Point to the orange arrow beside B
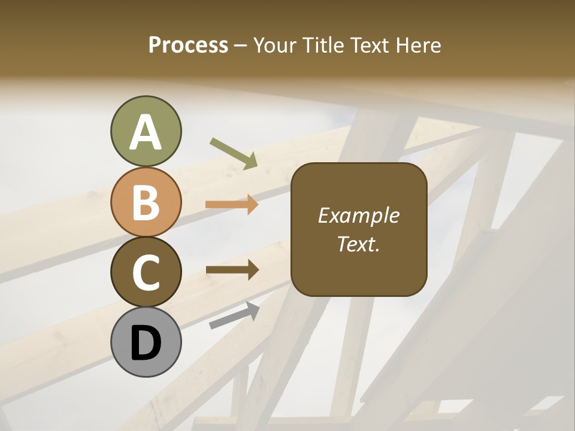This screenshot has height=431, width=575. point(232,205)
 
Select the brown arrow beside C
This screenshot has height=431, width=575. point(232,270)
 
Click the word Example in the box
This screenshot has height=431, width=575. point(359,215)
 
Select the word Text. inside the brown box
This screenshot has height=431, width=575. point(359,244)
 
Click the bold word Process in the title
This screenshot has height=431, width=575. point(188,45)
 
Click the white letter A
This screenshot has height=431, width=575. point(146,132)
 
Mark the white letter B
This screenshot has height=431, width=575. point(146,202)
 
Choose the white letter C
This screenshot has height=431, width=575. point(146,272)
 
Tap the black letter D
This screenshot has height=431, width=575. point(146,343)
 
